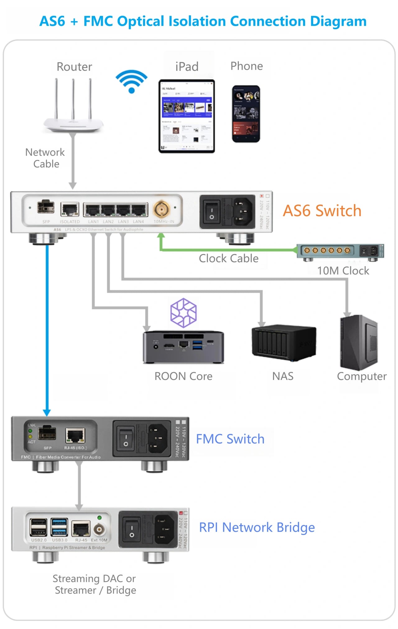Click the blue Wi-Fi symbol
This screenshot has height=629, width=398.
pyautogui.click(x=131, y=81)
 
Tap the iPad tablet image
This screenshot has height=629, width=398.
pyautogui.click(x=187, y=116)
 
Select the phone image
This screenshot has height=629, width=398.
pyautogui.click(x=246, y=114)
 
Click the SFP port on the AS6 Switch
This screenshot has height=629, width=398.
pyautogui.click(x=46, y=207)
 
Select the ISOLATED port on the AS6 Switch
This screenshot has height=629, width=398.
pyautogui.click(x=70, y=209)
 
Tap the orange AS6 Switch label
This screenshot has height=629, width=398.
pyautogui.click(x=322, y=211)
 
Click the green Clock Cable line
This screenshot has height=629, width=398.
pyautogui.click(x=227, y=249)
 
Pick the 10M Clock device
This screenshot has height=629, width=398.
pyautogui.click(x=340, y=252)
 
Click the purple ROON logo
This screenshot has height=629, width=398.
pyautogui.click(x=183, y=313)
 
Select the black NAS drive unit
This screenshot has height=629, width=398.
pyautogui.click(x=284, y=343)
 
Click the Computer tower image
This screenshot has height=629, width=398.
pyautogui.click(x=359, y=343)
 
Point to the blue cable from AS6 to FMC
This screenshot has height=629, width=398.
pyautogui.click(x=47, y=327)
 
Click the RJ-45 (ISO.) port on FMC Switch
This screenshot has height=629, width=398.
pyautogui.click(x=75, y=435)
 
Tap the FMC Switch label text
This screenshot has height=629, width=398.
pyautogui.click(x=230, y=439)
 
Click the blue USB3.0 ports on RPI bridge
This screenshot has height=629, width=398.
pyautogui.click(x=59, y=527)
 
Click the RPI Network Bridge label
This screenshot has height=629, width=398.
pyautogui.click(x=257, y=527)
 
